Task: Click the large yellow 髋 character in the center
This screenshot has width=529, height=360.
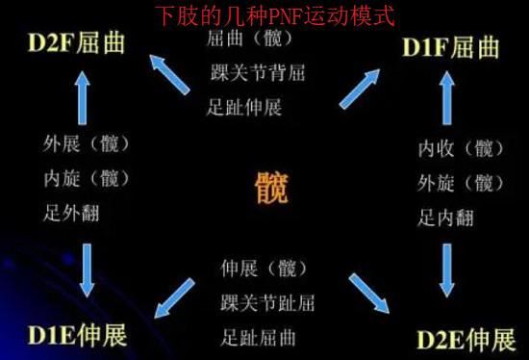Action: click(272, 187)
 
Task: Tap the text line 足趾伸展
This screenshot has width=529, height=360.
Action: click(244, 106)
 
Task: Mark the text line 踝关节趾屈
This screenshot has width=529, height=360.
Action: click(267, 304)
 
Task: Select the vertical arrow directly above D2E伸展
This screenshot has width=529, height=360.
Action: click(446, 270)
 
